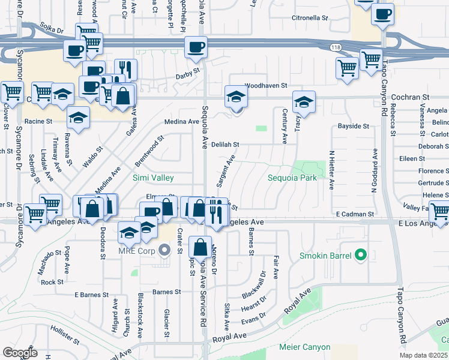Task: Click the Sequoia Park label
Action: [291, 178]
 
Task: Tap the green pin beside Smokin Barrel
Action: [360, 256]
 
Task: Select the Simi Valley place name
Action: [153, 178]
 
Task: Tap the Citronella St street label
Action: [309, 18]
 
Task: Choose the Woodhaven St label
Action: [267, 86]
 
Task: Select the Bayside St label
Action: [352, 126]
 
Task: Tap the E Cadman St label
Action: [355, 214]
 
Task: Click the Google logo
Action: [19, 353]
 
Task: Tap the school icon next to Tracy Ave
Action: [304, 102]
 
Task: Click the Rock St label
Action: [52, 282]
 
